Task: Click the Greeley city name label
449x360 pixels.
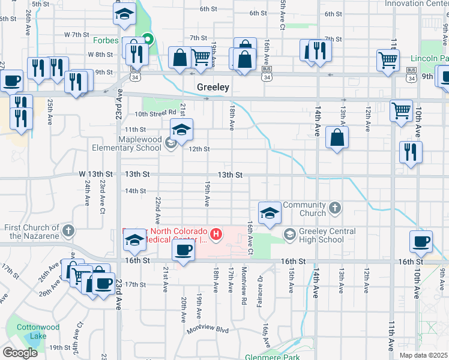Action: coord(213,88)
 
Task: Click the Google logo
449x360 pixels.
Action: coord(19,353)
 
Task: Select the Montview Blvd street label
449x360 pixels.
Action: coord(208,329)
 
